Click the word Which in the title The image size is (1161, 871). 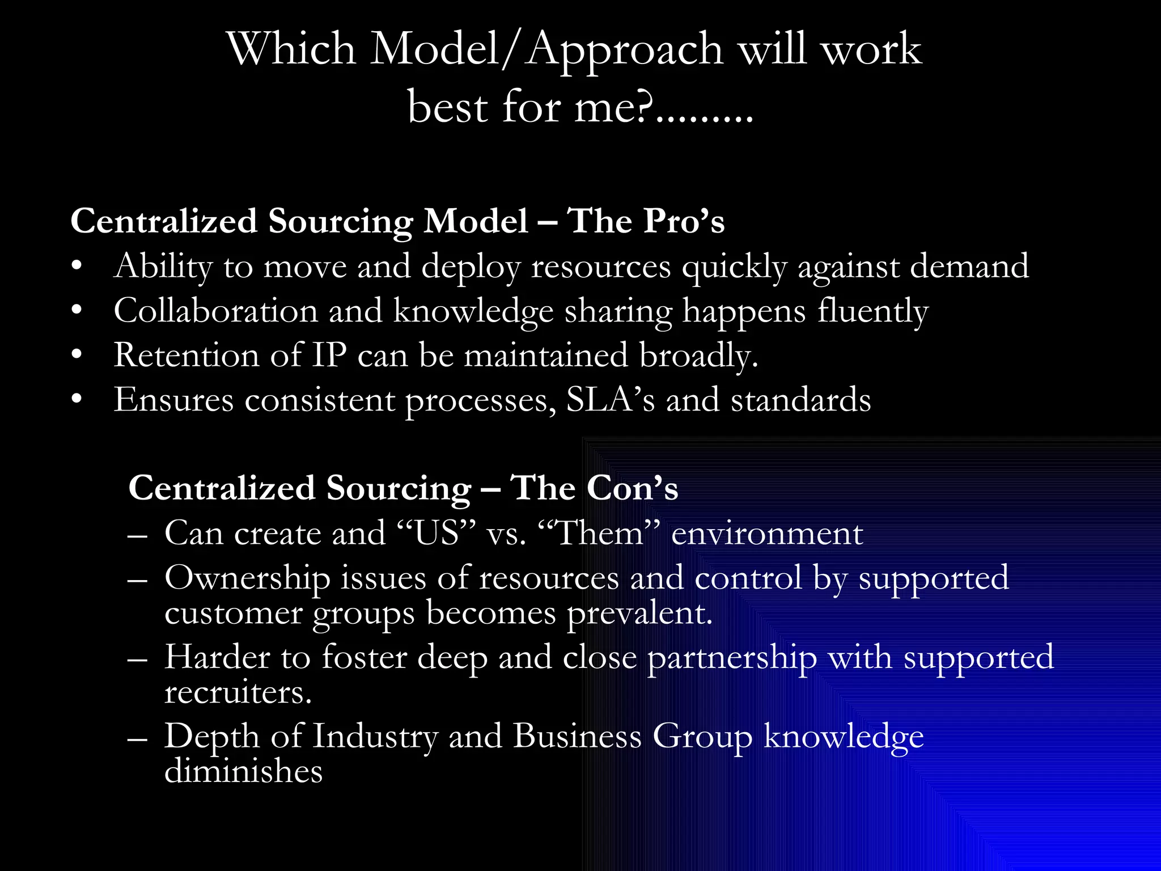pos(291,49)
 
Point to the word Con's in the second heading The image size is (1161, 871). pos(632,488)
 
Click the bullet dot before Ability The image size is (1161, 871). pos(77,266)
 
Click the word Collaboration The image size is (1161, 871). pos(215,311)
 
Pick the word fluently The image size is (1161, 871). pos(872,312)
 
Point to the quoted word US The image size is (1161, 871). pos(436,534)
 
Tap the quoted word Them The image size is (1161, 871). pos(600,534)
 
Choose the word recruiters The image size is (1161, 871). pos(238,693)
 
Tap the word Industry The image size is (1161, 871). pos(375,737)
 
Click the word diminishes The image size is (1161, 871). pos(243,772)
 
